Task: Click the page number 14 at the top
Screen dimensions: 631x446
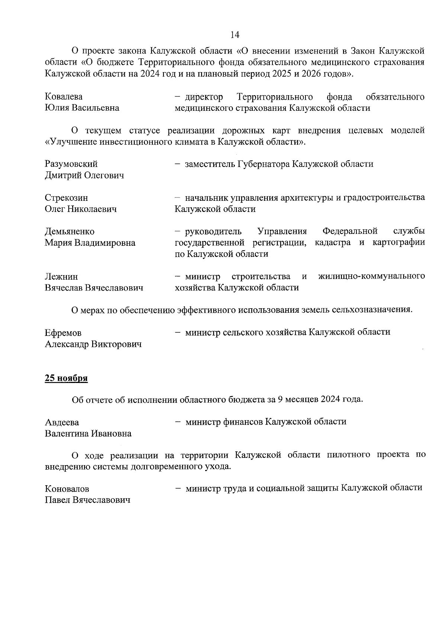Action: coord(235,35)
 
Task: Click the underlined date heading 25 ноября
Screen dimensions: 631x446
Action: coord(66,378)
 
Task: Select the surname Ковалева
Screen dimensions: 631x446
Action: coord(64,97)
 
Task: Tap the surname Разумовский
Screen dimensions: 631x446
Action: coord(71,164)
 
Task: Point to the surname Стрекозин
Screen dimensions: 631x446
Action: coord(66,198)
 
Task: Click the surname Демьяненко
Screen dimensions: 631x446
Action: coord(70,232)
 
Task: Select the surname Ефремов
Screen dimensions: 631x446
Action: coord(63,333)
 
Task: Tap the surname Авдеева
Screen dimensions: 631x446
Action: coord(62,422)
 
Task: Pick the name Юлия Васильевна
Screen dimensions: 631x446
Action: coord(82,108)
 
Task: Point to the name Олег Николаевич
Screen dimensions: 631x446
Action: coord(81,209)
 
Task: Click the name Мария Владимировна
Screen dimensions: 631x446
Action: coord(90,243)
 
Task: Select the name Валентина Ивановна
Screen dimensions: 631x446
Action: coord(88,434)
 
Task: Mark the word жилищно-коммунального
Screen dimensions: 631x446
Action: coord(372,276)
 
